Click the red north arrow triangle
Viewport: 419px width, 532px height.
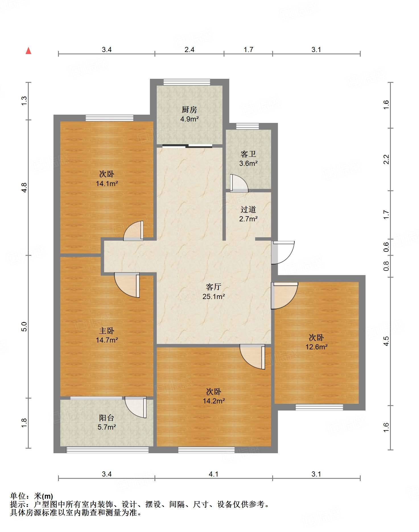[x=28, y=51]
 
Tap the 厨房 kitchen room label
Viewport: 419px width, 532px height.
[x=189, y=110]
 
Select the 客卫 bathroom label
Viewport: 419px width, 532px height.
[x=248, y=154]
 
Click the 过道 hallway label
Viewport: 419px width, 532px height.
[x=248, y=210]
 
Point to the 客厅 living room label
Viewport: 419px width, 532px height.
[x=214, y=287]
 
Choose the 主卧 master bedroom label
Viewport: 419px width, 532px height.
[x=107, y=331]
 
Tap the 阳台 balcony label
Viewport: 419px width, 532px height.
[x=107, y=418]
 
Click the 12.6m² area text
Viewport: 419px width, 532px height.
[x=317, y=347]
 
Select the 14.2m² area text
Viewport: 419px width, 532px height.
[x=214, y=401]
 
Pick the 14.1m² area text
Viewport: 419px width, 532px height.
[x=107, y=183]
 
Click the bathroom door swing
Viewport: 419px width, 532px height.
[x=239, y=183]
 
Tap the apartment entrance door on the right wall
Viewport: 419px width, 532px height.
[x=283, y=253]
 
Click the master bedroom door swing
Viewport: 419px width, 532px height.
[x=127, y=285]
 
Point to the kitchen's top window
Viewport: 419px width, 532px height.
[x=187, y=82]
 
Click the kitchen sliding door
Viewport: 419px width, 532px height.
[x=187, y=146]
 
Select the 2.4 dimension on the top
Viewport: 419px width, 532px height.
[x=189, y=50]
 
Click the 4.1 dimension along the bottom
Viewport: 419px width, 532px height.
[x=214, y=474]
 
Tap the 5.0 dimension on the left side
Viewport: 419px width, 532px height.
[x=24, y=327]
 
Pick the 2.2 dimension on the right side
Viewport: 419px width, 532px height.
[x=386, y=159]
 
